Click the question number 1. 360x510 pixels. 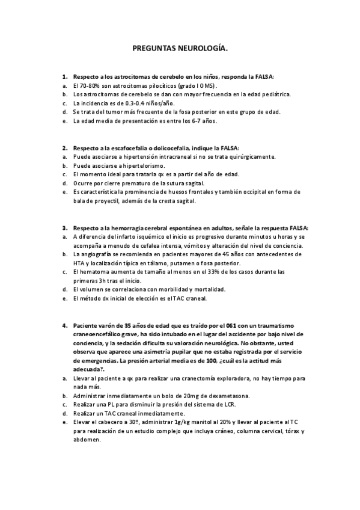[65, 77]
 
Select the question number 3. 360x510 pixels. [65, 228]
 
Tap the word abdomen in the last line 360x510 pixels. [87, 439]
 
